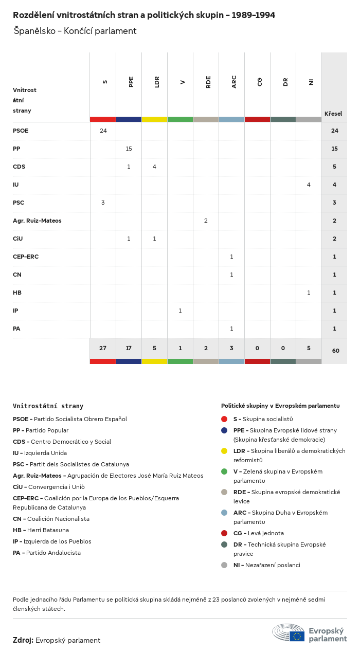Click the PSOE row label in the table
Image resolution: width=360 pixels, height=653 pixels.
[x=21, y=131]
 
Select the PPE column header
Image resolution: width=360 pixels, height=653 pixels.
[x=131, y=82]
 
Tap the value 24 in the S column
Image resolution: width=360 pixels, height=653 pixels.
[x=103, y=131]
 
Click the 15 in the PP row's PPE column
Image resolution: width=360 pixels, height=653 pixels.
[x=129, y=149]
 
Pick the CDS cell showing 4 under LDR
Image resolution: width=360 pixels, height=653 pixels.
[x=154, y=167]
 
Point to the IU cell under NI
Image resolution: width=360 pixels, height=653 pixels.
[x=309, y=185]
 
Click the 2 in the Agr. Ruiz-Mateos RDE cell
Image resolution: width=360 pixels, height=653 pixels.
[x=206, y=221]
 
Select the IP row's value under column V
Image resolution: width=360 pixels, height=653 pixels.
[x=180, y=311]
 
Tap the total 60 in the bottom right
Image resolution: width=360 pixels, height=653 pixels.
[x=335, y=351]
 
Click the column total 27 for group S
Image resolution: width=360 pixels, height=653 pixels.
[x=103, y=348]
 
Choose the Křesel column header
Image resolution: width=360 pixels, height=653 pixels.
[x=333, y=114]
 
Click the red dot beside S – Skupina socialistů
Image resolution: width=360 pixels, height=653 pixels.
[x=224, y=419]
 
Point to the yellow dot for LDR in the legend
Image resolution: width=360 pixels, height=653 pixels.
[x=224, y=451]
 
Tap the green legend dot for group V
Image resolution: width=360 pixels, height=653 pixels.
[x=224, y=471]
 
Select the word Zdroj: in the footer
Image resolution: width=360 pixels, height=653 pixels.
[x=23, y=640]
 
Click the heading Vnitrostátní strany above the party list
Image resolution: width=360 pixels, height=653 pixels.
[x=48, y=406]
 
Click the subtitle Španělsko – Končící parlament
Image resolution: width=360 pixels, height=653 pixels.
[x=75, y=31]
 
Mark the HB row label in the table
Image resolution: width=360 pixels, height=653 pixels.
[x=17, y=293]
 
